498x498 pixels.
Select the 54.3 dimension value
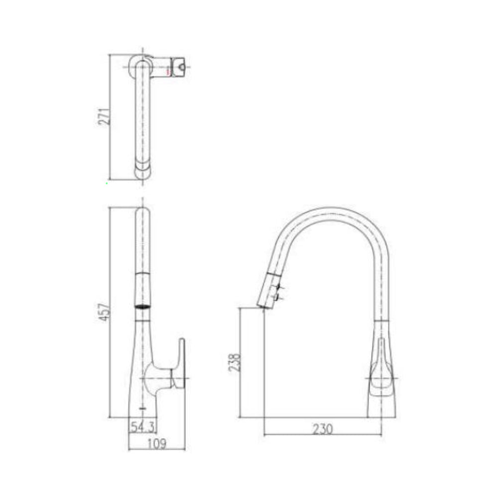[x=142, y=426]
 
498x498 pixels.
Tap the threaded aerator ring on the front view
[x=142, y=305]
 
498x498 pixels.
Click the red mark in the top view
[x=169, y=73]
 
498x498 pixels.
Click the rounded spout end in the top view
[x=142, y=172]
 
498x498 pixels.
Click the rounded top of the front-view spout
[x=142, y=212]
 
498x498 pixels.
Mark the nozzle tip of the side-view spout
[x=262, y=306]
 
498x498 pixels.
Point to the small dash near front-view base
[x=143, y=408]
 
